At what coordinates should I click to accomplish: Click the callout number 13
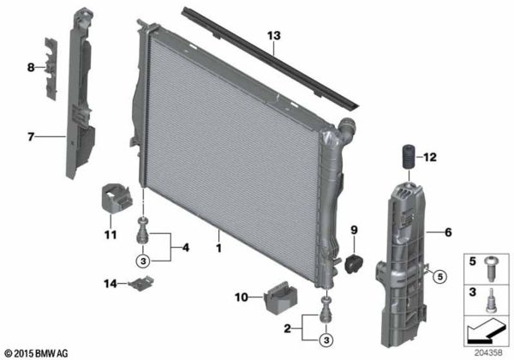coord(273,36)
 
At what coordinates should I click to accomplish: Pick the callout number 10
coord(241,297)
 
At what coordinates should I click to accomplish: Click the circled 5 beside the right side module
coord(439,276)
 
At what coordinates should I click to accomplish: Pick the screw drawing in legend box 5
coord(492,267)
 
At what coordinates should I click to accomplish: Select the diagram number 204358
coord(491,351)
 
